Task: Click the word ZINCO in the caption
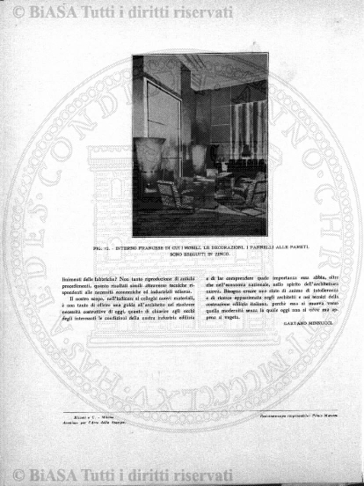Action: [x=219, y=256]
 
